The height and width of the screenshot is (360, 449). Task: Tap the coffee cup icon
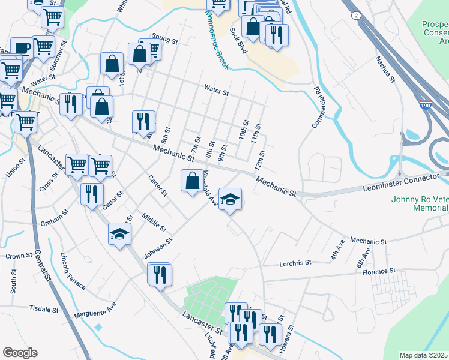(22, 49)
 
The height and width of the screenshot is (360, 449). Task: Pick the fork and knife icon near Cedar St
(91, 193)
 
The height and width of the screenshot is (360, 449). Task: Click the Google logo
(20, 353)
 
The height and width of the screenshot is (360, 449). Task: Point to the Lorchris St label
(296, 263)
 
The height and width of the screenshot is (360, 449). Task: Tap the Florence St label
(379, 271)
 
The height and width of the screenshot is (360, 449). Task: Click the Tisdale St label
(43, 309)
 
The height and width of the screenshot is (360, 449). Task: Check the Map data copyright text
(424, 355)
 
